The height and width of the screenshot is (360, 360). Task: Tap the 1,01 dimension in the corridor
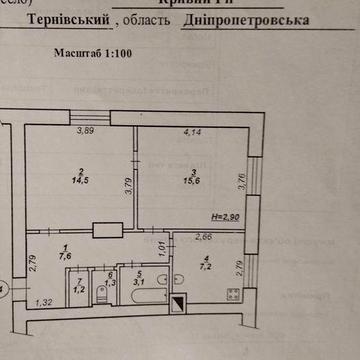163,244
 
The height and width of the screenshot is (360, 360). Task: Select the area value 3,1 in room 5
140,282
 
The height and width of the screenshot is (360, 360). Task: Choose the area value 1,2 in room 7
82,290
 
